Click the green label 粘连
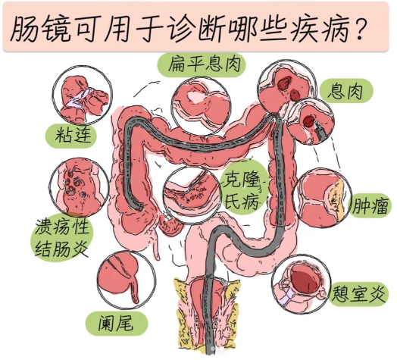point(72,134)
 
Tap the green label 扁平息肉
point(202,64)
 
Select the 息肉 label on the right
point(345,91)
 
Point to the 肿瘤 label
point(370,206)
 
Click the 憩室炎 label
point(358,294)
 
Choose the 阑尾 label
point(116,324)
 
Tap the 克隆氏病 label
point(242,188)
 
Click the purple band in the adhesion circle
point(79,99)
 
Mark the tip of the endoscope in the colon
point(140,208)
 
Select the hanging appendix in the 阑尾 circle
point(135,290)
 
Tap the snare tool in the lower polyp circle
point(320,130)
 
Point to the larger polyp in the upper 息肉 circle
point(285,83)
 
